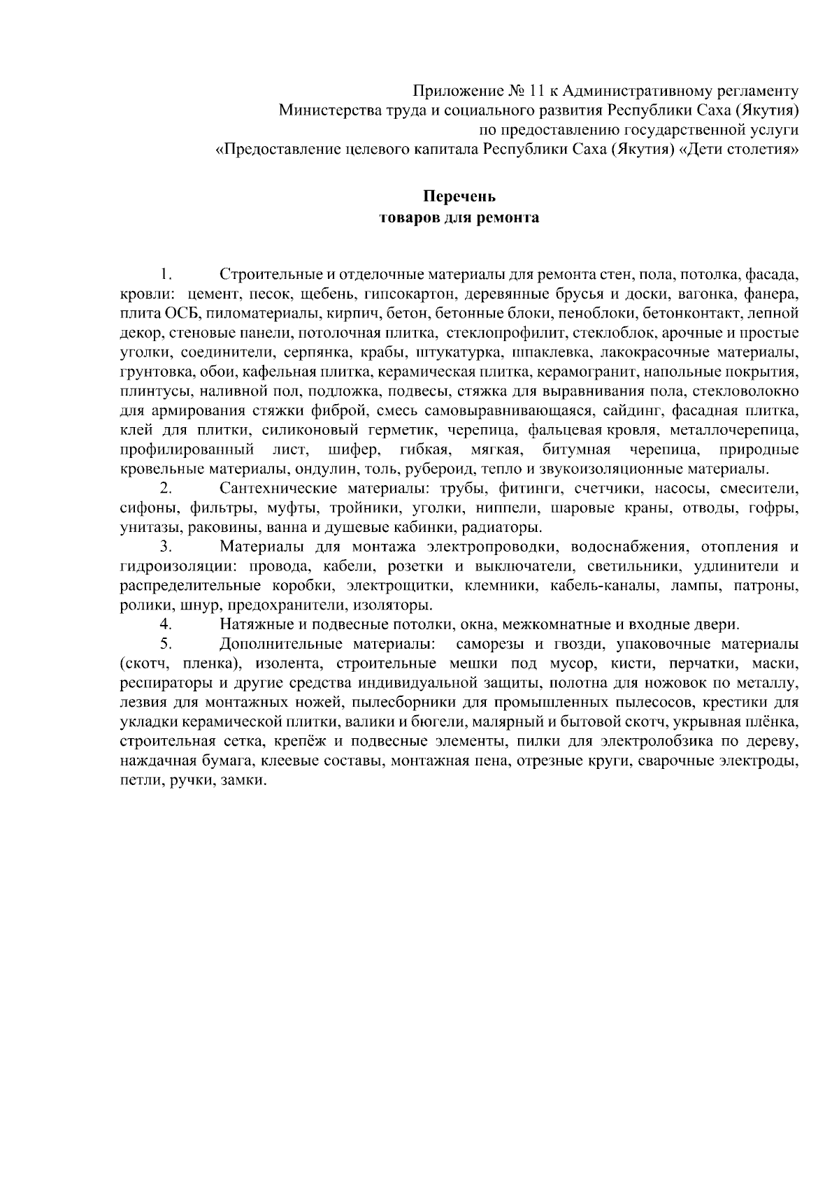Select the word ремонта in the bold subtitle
[507, 217]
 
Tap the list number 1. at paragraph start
[166, 273]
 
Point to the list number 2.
[166, 487]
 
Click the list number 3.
[166, 546]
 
